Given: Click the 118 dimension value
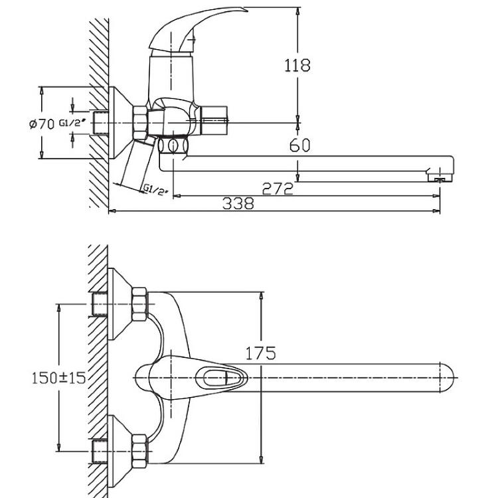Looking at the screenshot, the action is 297,66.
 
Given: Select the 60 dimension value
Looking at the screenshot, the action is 299,145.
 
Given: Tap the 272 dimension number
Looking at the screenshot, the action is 278,189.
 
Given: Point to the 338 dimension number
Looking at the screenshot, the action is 238,204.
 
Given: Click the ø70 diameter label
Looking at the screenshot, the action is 42,124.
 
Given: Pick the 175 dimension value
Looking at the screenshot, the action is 260,353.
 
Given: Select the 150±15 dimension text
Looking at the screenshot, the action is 58,378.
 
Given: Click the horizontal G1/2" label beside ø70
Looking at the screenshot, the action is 73,123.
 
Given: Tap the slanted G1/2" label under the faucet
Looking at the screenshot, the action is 155,190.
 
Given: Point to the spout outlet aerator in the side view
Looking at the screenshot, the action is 440,177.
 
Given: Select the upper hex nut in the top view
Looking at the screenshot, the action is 139,304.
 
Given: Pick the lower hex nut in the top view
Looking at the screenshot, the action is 139,451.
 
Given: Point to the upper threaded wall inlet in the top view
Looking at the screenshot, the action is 100,304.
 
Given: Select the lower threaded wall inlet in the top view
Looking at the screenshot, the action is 100,451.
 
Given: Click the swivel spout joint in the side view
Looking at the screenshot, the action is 173,146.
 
